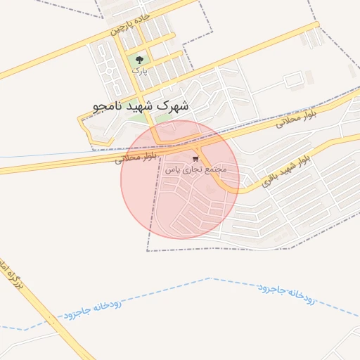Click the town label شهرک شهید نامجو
[x=141, y=105]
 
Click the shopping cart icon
[x=195, y=159]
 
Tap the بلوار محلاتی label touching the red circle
[x=139, y=157]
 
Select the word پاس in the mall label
[x=172, y=170]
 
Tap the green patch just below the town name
[x=163, y=118]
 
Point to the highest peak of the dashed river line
[x=210, y=278]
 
